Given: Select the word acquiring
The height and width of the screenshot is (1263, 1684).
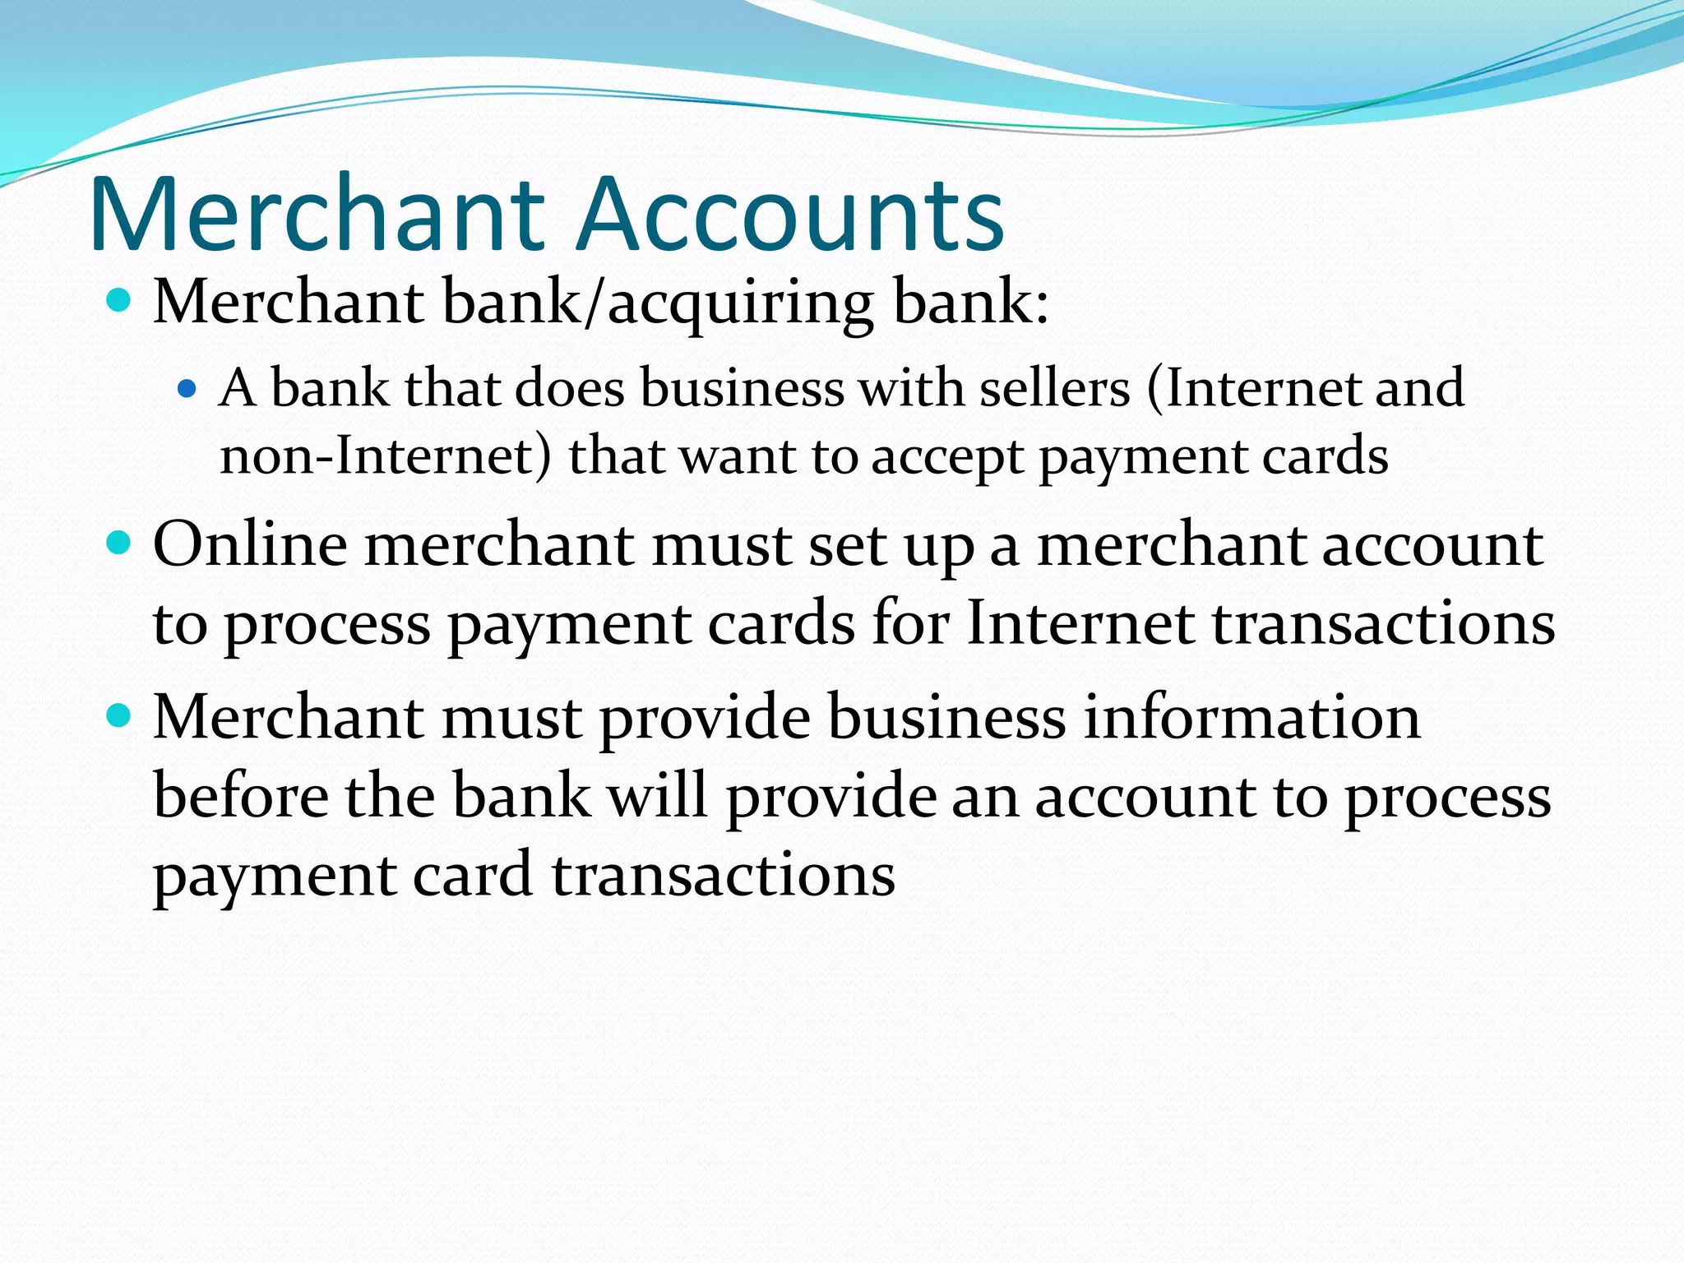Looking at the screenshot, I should coord(740,304).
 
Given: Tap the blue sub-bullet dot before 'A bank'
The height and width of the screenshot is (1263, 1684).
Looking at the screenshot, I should coord(187,387).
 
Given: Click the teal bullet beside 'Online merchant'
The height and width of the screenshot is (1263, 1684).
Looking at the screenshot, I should coord(120,544).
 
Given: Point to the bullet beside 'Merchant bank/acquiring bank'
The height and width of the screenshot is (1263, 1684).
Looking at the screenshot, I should coord(120,301).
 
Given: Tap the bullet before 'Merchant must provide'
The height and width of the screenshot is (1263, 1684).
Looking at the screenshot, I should coord(120,716).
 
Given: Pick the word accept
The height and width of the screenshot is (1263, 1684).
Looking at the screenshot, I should coord(947,458).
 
